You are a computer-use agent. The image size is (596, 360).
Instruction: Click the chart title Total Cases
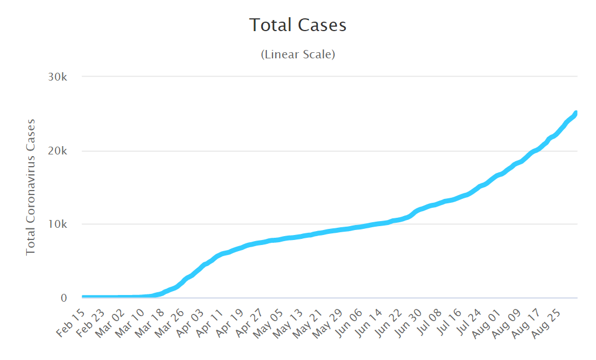pyautogui.click(x=297, y=25)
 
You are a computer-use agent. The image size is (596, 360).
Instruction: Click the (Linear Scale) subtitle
pyautogui.click(x=297, y=54)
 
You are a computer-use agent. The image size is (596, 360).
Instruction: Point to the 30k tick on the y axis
pyautogui.click(x=57, y=77)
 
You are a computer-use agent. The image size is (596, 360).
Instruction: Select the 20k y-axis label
pyautogui.click(x=57, y=151)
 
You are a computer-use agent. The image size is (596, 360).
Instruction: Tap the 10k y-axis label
pyautogui.click(x=57, y=224)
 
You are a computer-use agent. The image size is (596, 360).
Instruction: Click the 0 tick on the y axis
pyautogui.click(x=64, y=298)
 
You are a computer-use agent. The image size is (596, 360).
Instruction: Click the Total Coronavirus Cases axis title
pyautogui.click(x=31, y=187)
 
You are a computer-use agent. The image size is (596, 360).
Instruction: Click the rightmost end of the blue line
pyautogui.click(x=577, y=113)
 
